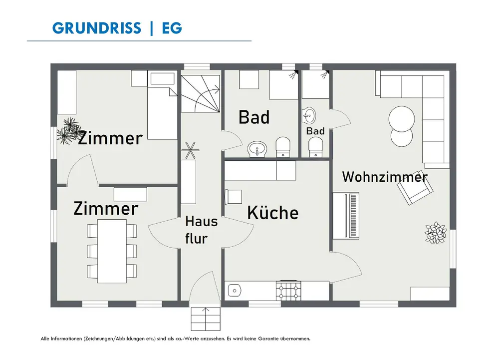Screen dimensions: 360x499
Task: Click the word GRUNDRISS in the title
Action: [x=96, y=28]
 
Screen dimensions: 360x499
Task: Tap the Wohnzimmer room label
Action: [x=385, y=177]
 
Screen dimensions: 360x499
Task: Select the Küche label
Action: [x=273, y=213]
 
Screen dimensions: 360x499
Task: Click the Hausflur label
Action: [x=201, y=229]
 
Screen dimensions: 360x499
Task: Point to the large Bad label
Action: [x=254, y=117]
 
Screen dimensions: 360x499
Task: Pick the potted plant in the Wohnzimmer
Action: [x=436, y=233]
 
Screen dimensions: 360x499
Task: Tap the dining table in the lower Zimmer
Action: [x=112, y=251]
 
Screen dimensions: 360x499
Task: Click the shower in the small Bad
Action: [x=316, y=84]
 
